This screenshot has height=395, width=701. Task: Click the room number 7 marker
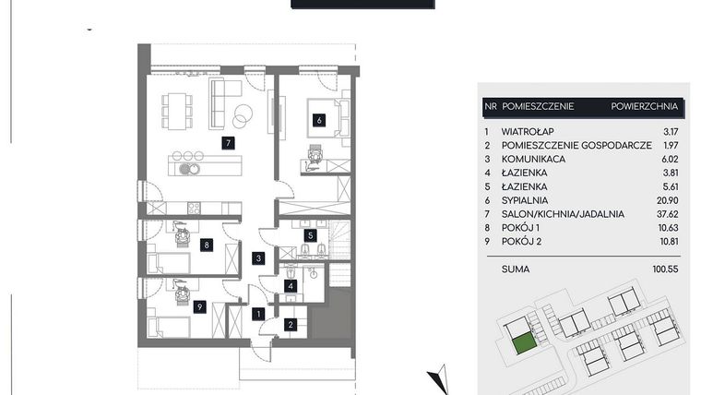tap(226, 143)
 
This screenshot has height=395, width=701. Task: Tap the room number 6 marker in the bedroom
tap(318, 119)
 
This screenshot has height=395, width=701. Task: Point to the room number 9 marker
tap(200, 307)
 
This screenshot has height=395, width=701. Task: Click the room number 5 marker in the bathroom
tap(311, 235)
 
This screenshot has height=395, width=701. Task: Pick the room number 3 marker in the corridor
tap(261, 258)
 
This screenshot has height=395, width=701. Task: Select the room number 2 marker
tap(290, 324)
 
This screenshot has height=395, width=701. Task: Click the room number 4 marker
tap(290, 286)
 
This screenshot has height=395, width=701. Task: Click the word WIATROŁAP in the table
tap(528, 132)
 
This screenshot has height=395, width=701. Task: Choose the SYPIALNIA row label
tap(525, 199)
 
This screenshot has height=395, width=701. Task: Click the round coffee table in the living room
tap(244, 116)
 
